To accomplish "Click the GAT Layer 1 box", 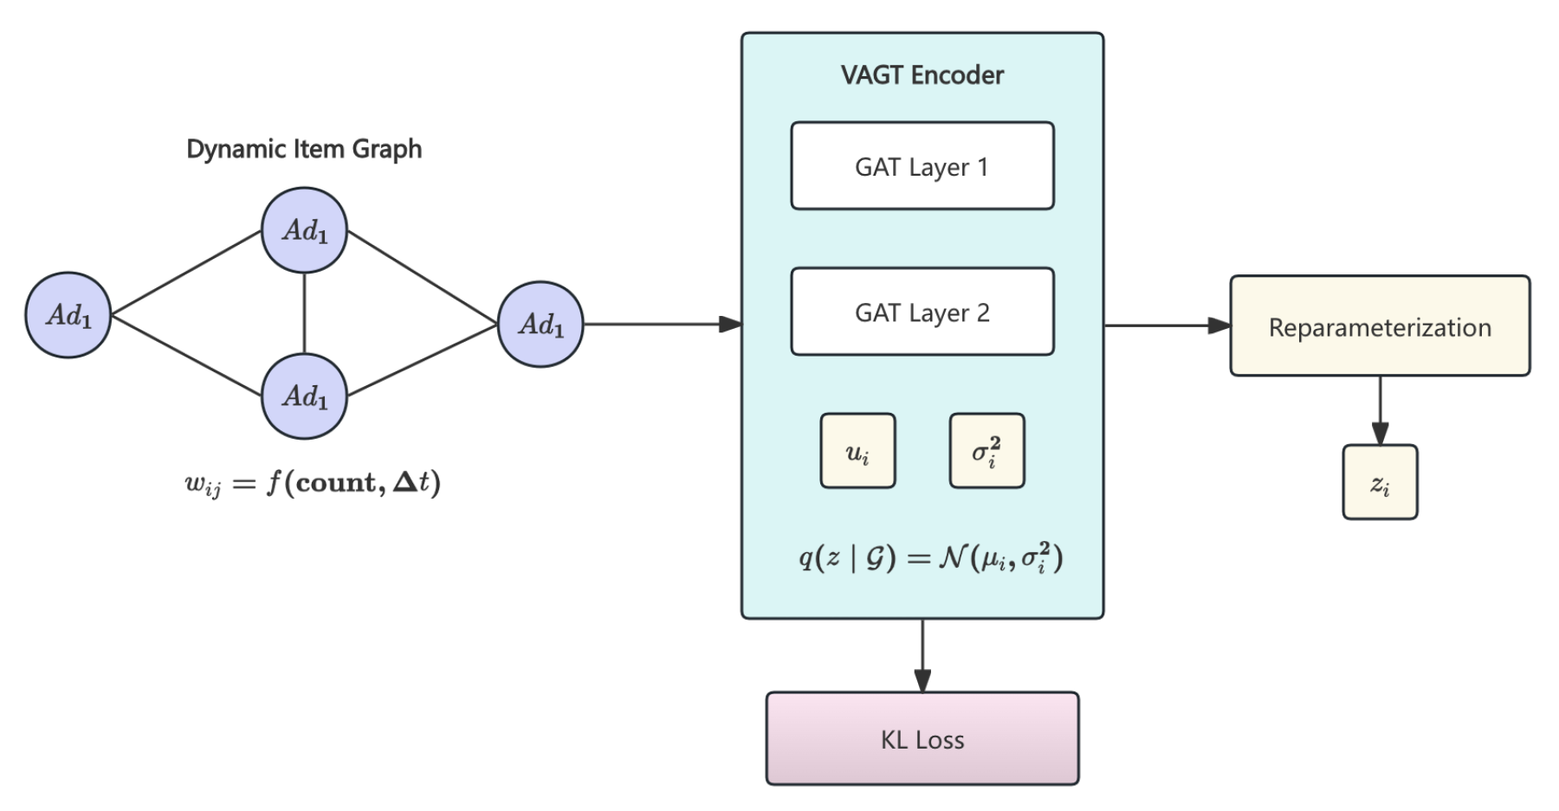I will (922, 166).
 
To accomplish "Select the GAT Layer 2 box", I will (922, 312).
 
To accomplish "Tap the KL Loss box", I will (922, 738).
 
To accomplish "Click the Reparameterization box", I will (1379, 326).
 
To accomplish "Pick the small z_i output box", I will (1379, 482).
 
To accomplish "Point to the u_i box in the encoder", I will (857, 451).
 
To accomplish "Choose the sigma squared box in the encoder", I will (987, 451).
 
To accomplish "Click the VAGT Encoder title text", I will (922, 75).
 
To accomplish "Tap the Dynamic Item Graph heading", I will (304, 149).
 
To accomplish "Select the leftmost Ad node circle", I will (68, 315).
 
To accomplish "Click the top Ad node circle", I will (304, 230).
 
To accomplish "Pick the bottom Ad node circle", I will (304, 396).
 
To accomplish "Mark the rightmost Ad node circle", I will (540, 325).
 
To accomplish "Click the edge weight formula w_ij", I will (313, 482).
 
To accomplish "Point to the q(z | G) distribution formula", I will (930, 557).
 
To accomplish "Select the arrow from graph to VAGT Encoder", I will (663, 325).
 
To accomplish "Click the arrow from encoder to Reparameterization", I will (1167, 325).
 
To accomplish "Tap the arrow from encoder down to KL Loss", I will (922, 655).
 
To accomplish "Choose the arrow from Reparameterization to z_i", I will (1380, 410).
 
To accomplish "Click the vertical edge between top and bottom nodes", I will (304, 313).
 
